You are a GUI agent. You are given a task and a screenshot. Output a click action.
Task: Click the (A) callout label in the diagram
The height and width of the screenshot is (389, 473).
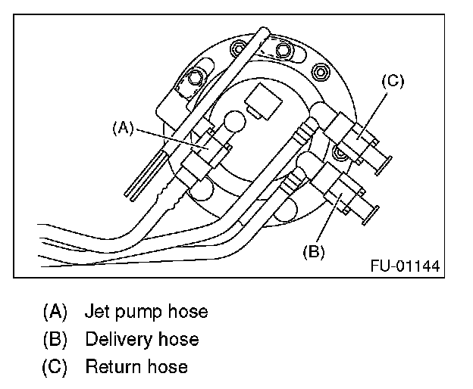pos(123,128)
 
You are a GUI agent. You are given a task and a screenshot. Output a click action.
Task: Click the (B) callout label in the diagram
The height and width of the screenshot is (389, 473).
pos(314,251)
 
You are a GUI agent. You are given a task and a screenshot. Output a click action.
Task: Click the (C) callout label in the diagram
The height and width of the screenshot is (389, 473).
pos(393,81)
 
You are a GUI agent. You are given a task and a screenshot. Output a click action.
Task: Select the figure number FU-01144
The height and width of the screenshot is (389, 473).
pos(405,266)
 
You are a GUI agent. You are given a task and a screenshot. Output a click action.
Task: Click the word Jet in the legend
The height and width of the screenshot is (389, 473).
pos(97,311)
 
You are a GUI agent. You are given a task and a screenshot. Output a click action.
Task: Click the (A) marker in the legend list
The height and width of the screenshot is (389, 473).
pos(55,311)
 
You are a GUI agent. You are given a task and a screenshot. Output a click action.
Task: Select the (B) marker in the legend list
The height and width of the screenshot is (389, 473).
pos(55,339)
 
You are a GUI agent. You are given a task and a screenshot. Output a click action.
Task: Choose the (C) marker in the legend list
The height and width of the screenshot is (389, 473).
pos(55,367)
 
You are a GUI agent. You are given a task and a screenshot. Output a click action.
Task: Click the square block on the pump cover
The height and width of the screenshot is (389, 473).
pos(263,101)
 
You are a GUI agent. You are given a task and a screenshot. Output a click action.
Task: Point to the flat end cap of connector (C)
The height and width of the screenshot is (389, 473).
pos(384,166)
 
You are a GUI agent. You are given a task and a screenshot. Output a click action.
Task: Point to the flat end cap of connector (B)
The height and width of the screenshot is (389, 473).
pos(371,215)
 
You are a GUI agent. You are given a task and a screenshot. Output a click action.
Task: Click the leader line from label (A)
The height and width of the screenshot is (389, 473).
pos(172,139)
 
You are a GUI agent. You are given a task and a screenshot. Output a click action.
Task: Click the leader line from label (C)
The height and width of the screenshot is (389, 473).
pos(371,117)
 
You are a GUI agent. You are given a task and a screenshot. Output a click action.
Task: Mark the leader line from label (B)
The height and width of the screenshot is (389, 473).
pos(329,217)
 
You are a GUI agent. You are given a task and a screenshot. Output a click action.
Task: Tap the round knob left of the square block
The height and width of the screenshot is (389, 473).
pos(235,122)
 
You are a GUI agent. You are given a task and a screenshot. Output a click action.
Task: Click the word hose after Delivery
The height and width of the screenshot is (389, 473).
pos(179,339)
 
